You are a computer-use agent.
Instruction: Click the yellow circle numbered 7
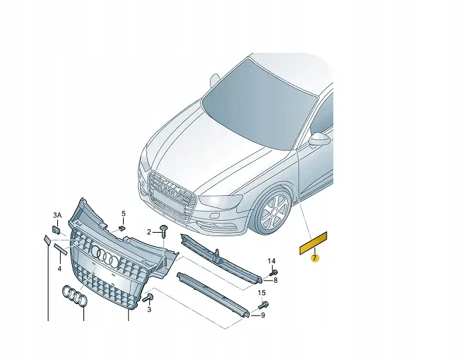[315, 258]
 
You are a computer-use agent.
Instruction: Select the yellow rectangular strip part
[313, 243]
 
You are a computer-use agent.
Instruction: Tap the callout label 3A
[57, 215]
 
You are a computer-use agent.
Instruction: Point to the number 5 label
[124, 214]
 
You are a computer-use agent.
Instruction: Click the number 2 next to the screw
[149, 232]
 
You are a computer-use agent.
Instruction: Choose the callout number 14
[271, 261]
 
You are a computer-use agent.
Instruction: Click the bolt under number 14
[274, 272]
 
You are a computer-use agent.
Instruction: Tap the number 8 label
[276, 280]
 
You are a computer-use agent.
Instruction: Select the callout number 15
[262, 292]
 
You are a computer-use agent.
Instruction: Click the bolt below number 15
[263, 305]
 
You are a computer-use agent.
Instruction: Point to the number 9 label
[263, 315]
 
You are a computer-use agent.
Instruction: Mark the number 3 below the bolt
[149, 309]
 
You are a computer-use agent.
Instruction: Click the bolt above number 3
[148, 298]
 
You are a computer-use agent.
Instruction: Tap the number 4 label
[59, 268]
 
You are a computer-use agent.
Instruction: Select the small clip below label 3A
[56, 230]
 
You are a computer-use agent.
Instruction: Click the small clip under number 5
[122, 228]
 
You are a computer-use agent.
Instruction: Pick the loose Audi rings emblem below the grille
[75, 296]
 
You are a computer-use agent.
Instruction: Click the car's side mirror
[320, 139]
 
